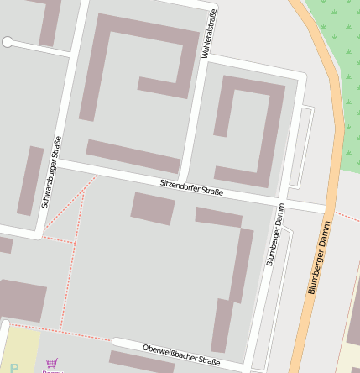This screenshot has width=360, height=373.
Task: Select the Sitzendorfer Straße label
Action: (x=191, y=187)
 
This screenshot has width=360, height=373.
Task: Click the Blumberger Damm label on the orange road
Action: (x=320, y=256)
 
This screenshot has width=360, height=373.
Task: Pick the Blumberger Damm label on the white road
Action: (x=275, y=234)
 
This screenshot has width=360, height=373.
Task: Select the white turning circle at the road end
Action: (x=8, y=41)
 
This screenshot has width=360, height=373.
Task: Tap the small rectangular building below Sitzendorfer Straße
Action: (x=153, y=208)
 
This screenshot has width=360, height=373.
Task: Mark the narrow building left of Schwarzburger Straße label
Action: (x=30, y=181)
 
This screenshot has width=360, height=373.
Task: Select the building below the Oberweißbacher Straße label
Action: (x=143, y=363)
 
